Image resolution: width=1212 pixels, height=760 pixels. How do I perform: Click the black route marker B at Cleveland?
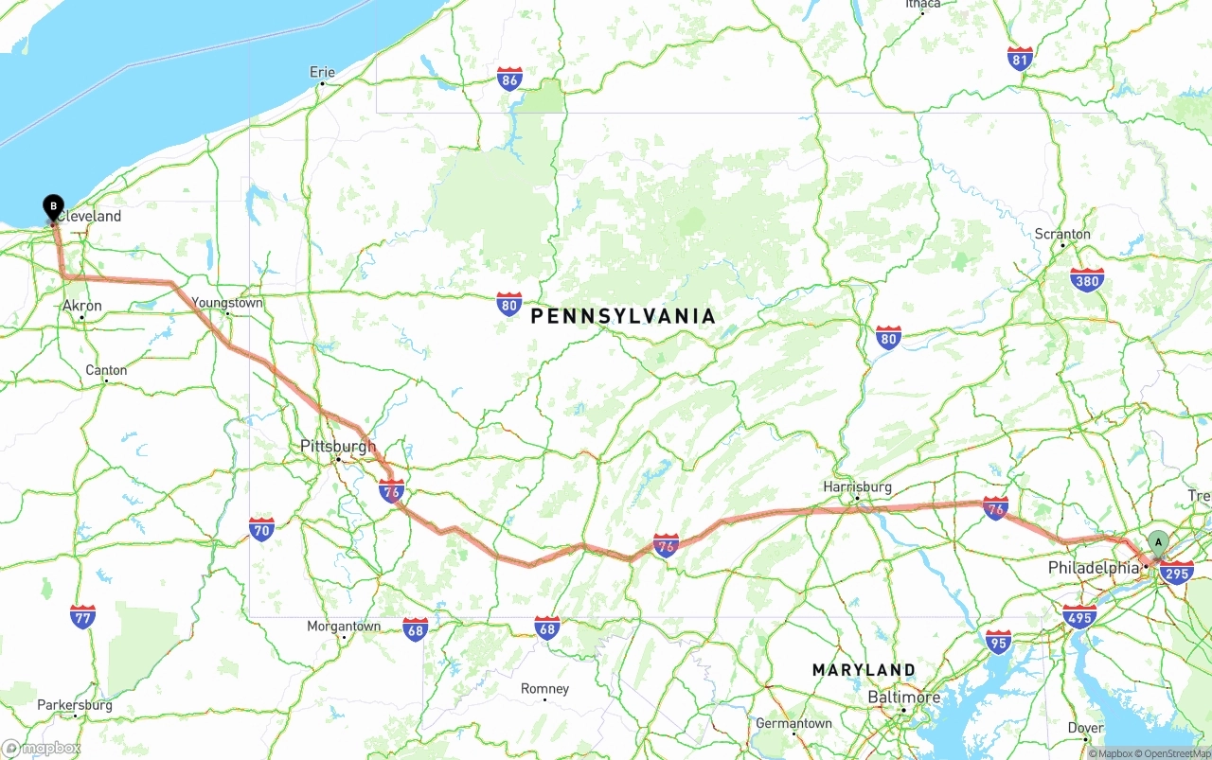coord(54,205)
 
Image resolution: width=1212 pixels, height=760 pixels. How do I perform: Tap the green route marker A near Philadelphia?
coord(1157,541)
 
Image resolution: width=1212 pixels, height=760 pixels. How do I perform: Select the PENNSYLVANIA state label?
coord(623,316)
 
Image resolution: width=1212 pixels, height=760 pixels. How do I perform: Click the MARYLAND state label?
coord(864,670)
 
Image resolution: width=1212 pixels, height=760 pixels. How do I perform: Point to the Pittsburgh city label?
coord(337,447)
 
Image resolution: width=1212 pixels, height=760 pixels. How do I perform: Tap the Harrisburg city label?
coord(857,486)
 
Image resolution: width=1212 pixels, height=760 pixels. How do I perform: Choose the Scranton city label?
coord(1062,234)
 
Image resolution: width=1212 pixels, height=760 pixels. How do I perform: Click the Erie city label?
coord(322,72)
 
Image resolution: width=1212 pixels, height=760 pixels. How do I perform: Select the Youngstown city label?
coord(227,303)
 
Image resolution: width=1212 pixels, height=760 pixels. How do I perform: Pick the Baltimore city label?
coord(904,698)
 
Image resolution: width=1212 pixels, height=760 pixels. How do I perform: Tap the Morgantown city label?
coord(343,627)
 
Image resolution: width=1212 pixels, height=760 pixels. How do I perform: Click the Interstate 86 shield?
coord(509,79)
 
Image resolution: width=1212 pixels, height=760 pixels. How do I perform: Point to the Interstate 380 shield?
coord(1087,279)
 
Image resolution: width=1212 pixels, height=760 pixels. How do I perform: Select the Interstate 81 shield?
coord(1020,59)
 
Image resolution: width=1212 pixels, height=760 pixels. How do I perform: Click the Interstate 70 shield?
coord(262,528)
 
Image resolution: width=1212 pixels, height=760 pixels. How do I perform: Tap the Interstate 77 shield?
coord(82,617)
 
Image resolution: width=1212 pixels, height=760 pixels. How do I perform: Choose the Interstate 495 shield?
coord(1079,616)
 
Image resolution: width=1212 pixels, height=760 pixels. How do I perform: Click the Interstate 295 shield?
coord(1176,572)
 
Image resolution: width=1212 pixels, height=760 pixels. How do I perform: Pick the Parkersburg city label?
coord(74,705)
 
